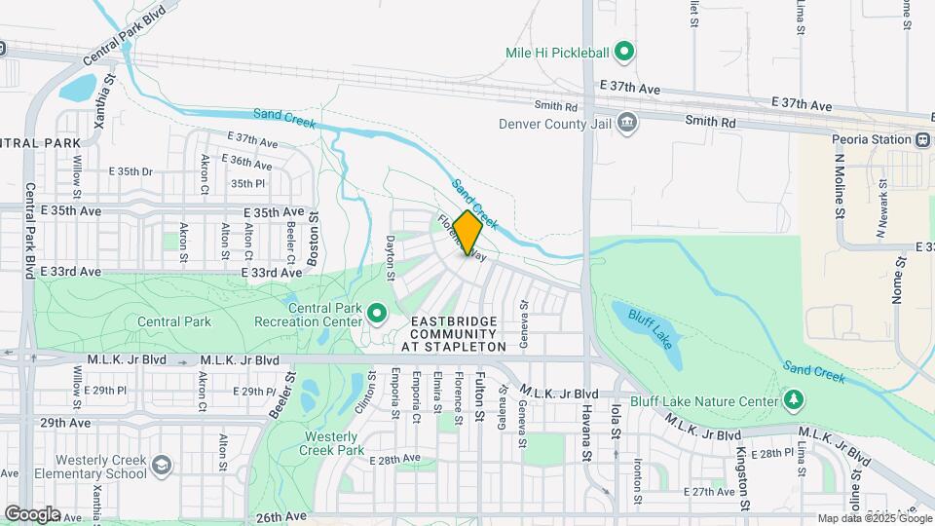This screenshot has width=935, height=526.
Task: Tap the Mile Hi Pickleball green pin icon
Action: pyautogui.click(x=628, y=52)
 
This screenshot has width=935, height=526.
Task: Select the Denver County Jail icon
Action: pyautogui.click(x=628, y=123)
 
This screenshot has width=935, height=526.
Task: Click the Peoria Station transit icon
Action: pyautogui.click(x=921, y=138)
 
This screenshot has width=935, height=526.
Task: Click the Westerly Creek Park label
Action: pyautogui.click(x=333, y=443)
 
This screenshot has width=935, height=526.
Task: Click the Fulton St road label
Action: pyautogui.click(x=479, y=398)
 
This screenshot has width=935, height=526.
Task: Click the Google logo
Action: pyautogui.click(x=32, y=513)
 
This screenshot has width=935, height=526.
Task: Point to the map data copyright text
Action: pyautogui.click(x=875, y=518)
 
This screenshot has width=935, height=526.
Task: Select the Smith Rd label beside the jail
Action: pyautogui.click(x=556, y=106)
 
